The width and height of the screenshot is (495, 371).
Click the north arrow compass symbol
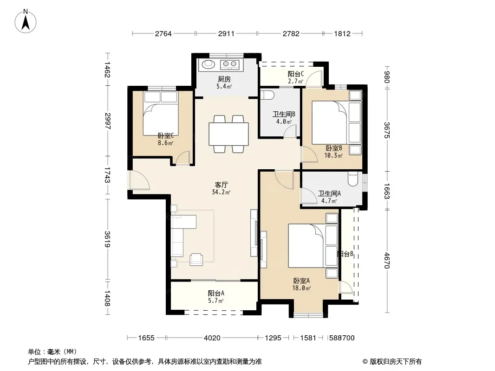pos(26,21)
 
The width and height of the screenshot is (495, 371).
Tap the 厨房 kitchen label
pos(224,79)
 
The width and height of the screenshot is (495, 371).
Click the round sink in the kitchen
pos(208,64)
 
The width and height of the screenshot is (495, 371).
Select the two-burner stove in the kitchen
pos(229,64)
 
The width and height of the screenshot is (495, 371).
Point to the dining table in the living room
pos(228,134)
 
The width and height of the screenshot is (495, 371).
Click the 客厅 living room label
pos(221,185)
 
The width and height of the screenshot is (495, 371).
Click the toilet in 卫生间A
pos(352,179)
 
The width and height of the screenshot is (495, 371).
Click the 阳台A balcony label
pos(216,293)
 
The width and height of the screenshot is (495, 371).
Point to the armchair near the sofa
pos(196,259)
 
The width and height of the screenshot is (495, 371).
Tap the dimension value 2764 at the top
pos(163,33)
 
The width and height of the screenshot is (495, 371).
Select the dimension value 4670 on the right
pos(387,260)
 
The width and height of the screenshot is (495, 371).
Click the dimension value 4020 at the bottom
pos(212,338)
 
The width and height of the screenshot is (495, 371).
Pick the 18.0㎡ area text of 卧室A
pos(301,288)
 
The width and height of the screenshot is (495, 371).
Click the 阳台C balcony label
pos(296,74)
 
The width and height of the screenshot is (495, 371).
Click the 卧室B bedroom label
pos(334,148)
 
